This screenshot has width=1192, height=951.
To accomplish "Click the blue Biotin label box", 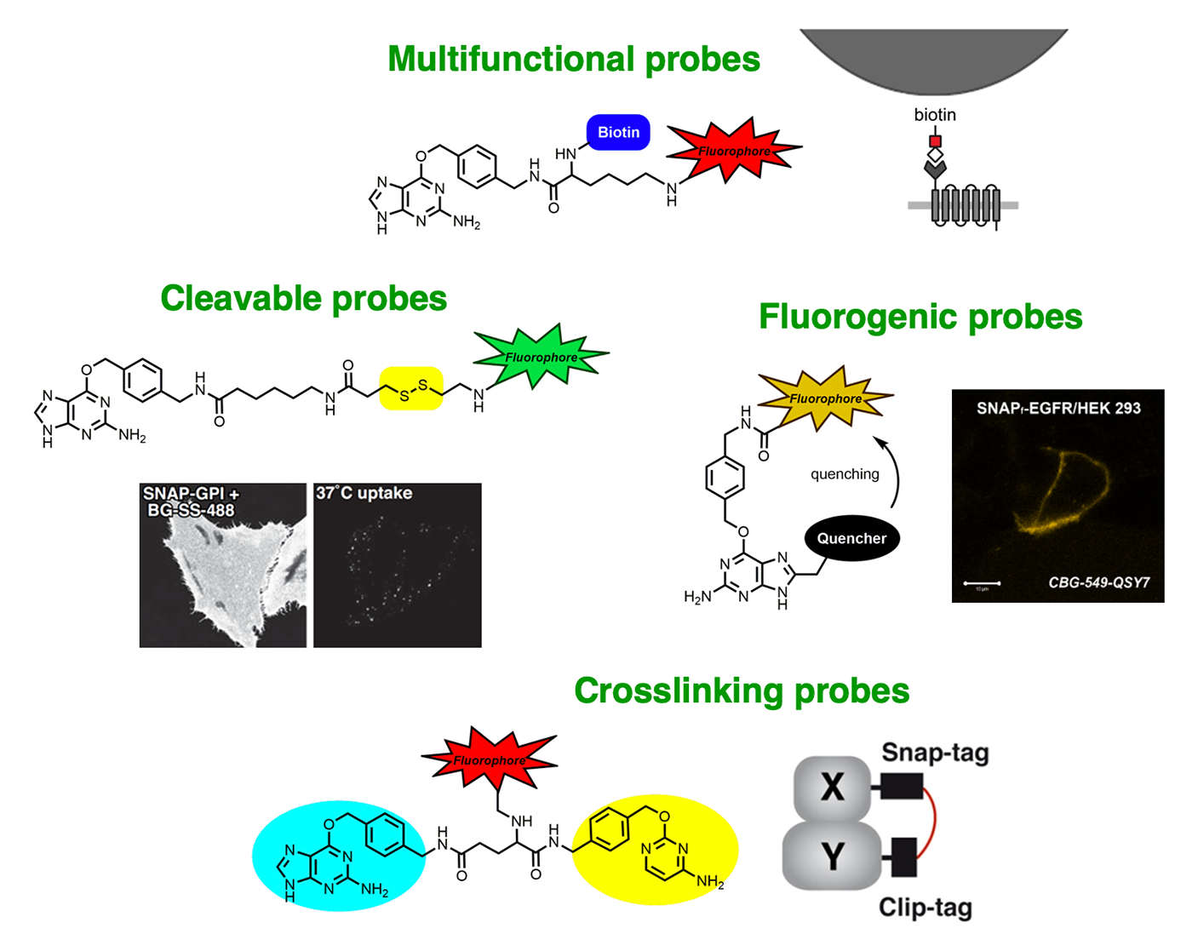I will coord(618,133).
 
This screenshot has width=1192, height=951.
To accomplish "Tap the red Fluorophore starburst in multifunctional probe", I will coord(732,151).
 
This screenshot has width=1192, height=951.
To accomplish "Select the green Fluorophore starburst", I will coord(540,356).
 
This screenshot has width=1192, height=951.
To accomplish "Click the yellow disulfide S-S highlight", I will coord(411,389).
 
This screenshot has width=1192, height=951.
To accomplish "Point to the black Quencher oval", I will coord(851,538).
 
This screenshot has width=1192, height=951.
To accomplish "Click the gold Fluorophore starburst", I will coord(824,398).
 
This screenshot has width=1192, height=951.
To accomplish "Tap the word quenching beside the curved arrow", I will coord(845,474).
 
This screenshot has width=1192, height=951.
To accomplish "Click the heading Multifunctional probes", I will coord(573,60).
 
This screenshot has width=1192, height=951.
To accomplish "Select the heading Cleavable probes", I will coord(303,299).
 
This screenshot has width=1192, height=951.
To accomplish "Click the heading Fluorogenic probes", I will coord(920,317).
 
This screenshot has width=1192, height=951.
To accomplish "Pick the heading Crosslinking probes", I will coord(741,690).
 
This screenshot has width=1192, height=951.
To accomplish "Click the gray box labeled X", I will coord(832,786).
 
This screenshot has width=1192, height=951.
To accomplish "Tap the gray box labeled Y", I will coord(832,856).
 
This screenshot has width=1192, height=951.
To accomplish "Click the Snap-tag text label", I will coord(935,753).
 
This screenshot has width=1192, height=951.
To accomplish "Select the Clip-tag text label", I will coord(925,908).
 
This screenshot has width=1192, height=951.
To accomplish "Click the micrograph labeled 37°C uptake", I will coord(398,566).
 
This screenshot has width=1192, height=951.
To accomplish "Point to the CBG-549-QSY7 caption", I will coord(1098,582).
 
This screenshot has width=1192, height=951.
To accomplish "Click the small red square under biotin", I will coord(935,140).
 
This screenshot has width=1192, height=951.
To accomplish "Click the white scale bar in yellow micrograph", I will coord(981,583).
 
